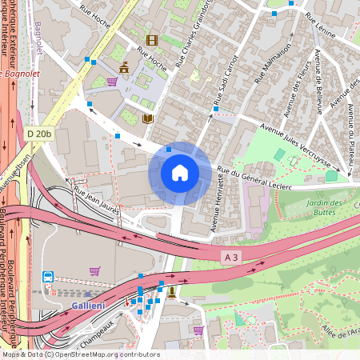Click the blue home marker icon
pos(180,173)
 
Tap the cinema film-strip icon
pos(151,39)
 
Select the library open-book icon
pos(147,118)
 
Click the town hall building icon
pos(122,68)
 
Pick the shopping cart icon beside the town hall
pos(112,81)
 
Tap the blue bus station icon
pos(47,277)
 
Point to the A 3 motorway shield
pos(231,256)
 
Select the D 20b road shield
pos(38,134)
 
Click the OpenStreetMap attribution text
pos(80,354)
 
